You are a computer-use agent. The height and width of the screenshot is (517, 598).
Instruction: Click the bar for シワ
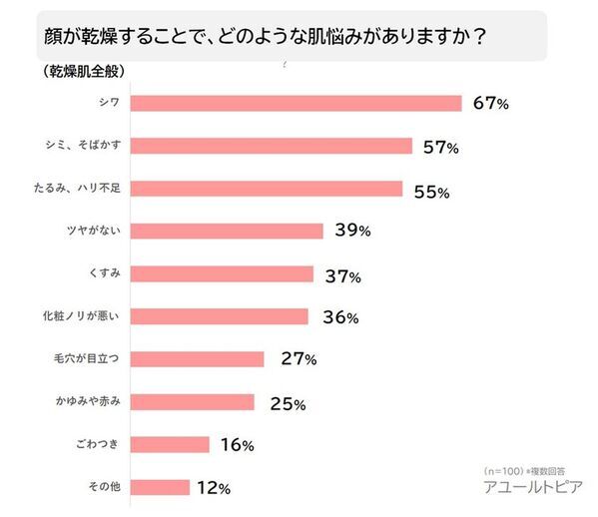pos(297,103)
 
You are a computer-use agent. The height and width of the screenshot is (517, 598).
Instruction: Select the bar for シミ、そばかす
pos(272,146)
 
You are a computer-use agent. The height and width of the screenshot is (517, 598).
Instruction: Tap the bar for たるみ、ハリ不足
pos(267,189)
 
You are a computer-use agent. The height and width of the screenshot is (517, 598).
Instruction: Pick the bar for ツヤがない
pos(228,231)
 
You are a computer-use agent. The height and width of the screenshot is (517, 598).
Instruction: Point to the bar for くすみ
pos(223,273)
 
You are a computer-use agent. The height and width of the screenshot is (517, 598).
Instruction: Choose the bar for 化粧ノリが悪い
pos(220,316)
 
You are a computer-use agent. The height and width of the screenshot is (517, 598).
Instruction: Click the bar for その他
pos(161,488)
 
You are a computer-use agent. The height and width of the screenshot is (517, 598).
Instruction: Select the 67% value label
pos(490,103)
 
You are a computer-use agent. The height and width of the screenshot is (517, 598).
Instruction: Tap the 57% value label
pos(440,147)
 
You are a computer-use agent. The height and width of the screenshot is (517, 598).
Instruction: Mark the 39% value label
pos(352,231)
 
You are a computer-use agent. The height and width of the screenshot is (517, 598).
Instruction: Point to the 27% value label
pos(298,359)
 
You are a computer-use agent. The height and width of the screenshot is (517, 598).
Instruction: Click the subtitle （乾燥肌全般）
pos(71,72)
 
